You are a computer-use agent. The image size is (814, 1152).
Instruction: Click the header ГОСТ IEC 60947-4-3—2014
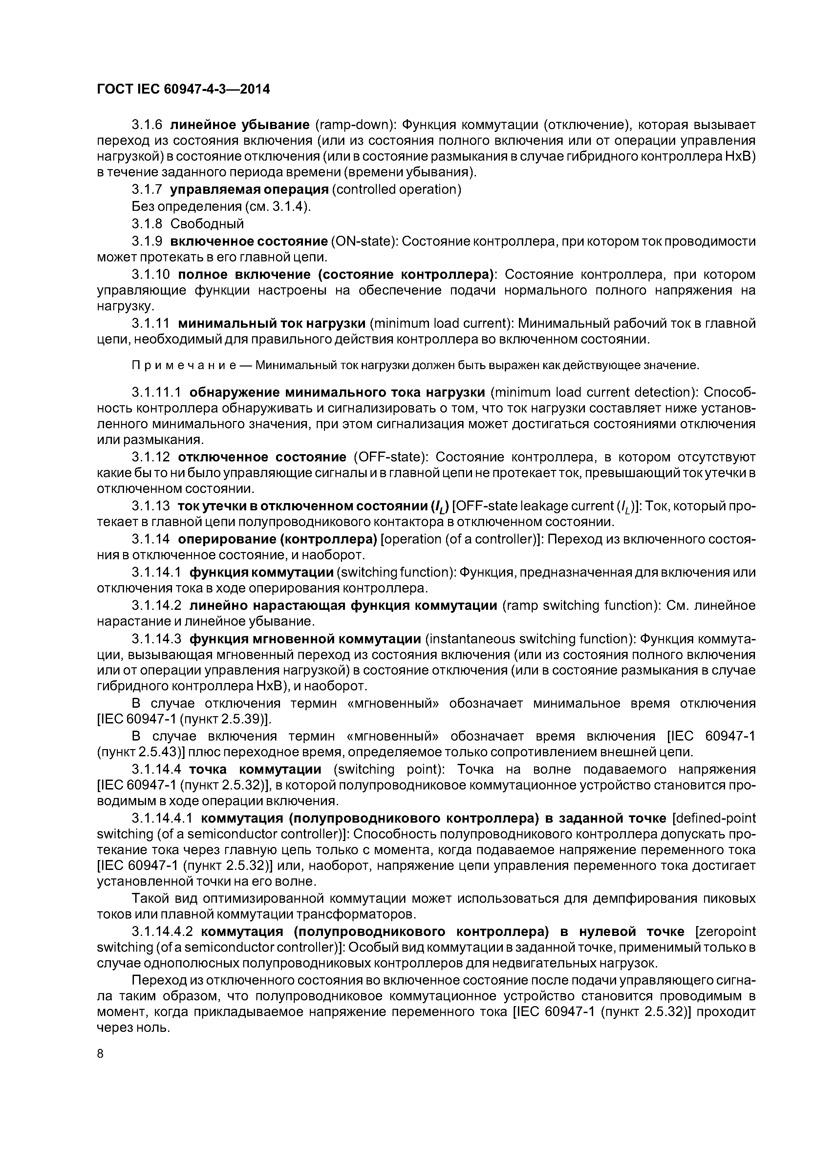(x=183, y=89)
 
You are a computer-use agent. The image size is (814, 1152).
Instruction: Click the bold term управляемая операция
(x=249, y=190)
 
